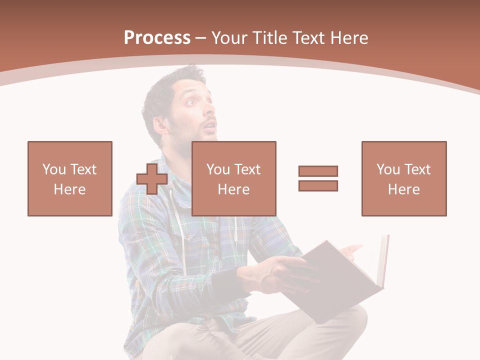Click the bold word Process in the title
157,37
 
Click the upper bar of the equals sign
318,171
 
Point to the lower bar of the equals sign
318,185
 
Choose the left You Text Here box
69,178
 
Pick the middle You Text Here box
233,178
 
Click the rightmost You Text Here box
403,178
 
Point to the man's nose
210,111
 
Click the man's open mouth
209,125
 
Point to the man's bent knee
350,320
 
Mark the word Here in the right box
403,189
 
